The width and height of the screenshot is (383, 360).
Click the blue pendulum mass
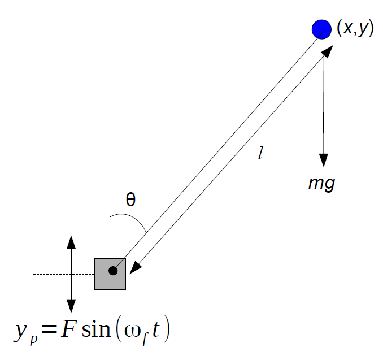[321, 29]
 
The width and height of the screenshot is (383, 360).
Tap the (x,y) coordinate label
[355, 29]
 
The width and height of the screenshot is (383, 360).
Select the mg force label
[322, 183]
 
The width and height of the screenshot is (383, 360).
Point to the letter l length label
[260, 153]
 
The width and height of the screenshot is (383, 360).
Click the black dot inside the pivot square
[113, 271]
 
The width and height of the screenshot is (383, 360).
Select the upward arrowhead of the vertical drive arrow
[71, 242]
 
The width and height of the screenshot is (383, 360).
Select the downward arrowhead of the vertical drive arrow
[71, 306]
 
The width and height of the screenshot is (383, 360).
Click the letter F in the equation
[68, 329]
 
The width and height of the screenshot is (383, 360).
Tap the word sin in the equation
[96, 329]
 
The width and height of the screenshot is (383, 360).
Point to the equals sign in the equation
[49, 329]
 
